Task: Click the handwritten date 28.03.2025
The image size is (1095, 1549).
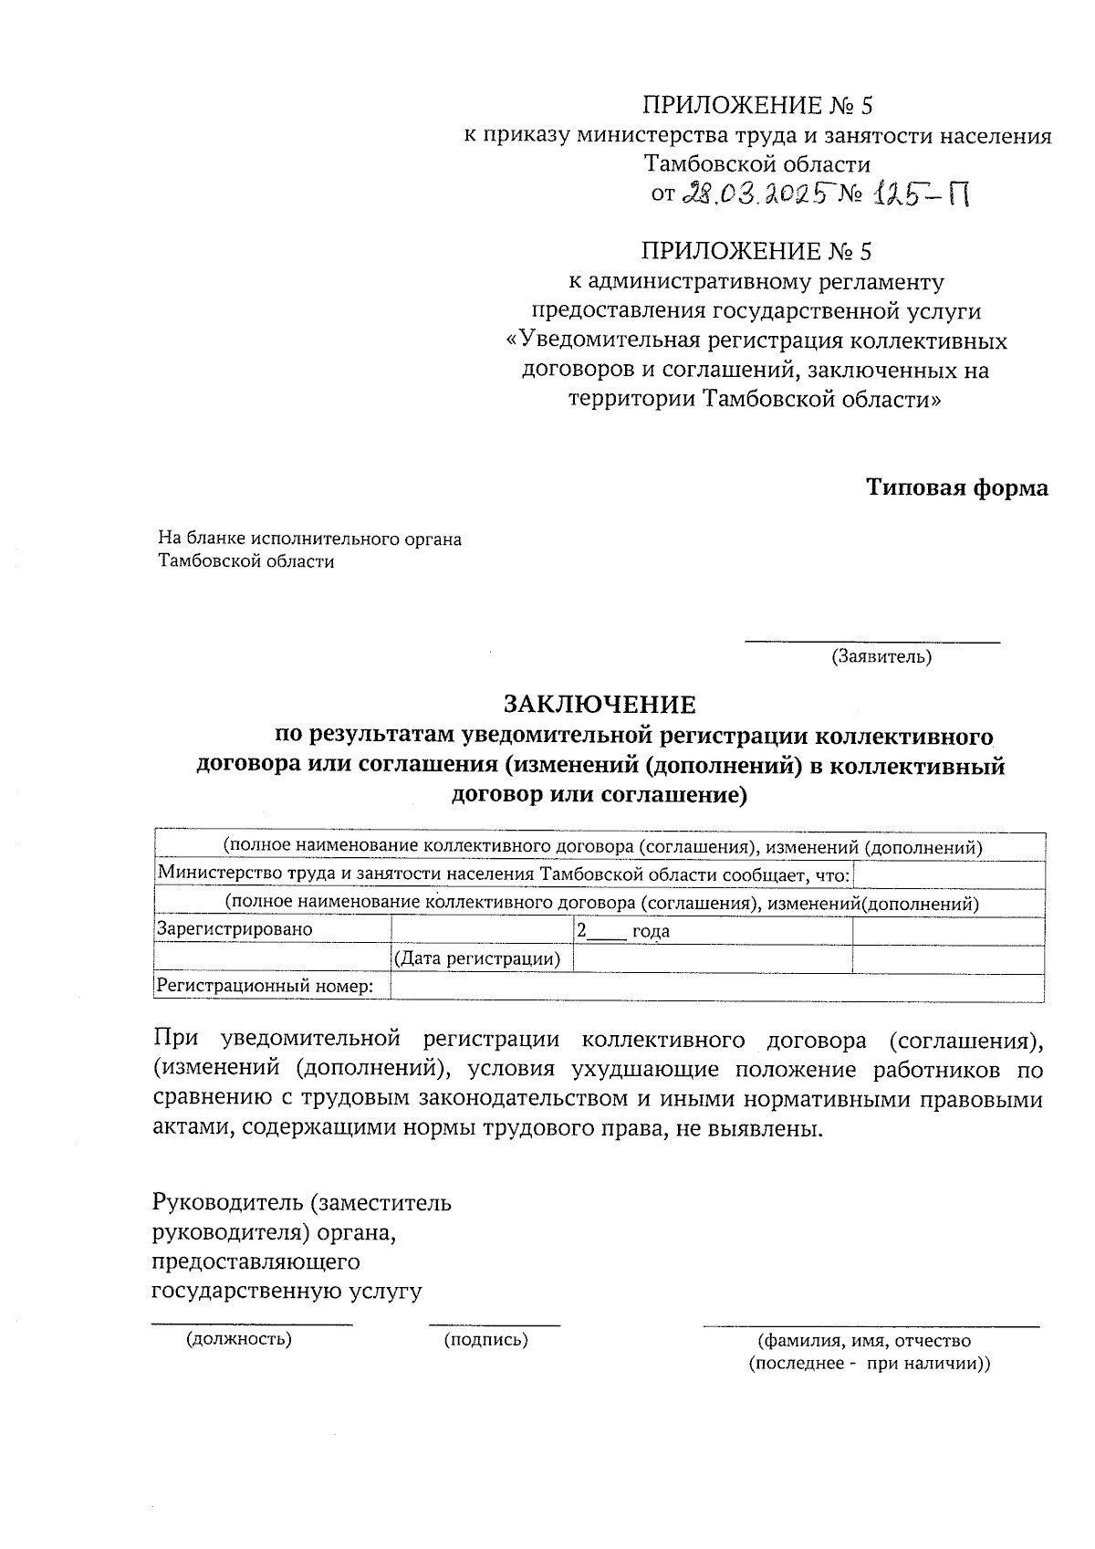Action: click(x=759, y=194)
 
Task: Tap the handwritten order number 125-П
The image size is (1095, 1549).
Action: click(x=919, y=194)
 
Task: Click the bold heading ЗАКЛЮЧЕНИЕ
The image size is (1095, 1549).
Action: click(x=600, y=705)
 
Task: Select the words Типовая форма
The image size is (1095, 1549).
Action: click(x=957, y=487)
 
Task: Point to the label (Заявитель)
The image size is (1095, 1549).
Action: click(x=881, y=656)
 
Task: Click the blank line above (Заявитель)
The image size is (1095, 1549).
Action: click(x=872, y=643)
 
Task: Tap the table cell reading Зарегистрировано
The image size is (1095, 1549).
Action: click(x=235, y=929)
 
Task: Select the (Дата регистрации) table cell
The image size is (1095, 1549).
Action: click(x=476, y=958)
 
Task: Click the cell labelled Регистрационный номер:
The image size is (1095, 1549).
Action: click(x=266, y=986)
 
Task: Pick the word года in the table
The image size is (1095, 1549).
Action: click(x=651, y=931)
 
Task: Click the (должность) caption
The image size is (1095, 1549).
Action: click(x=239, y=1340)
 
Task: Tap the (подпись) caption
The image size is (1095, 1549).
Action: click(x=485, y=1340)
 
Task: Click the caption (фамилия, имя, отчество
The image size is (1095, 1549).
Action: click(x=864, y=1341)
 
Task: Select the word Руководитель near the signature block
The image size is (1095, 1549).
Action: click(x=226, y=1202)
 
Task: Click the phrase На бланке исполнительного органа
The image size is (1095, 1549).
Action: click(x=310, y=539)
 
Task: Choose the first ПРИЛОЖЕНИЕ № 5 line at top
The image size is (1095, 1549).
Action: click(x=757, y=105)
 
